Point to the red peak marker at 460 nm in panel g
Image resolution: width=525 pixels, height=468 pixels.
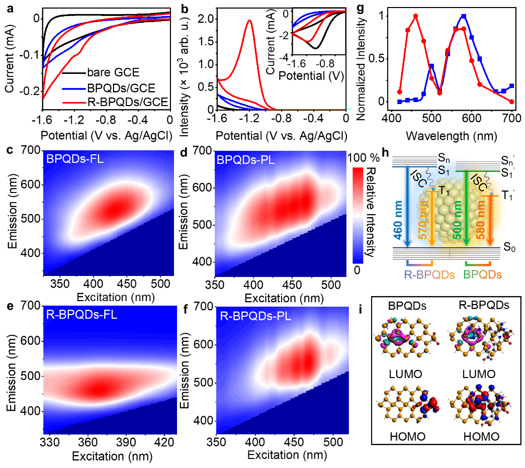[x=416, y=16]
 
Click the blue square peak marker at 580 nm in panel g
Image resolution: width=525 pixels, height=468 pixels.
[x=464, y=16]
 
